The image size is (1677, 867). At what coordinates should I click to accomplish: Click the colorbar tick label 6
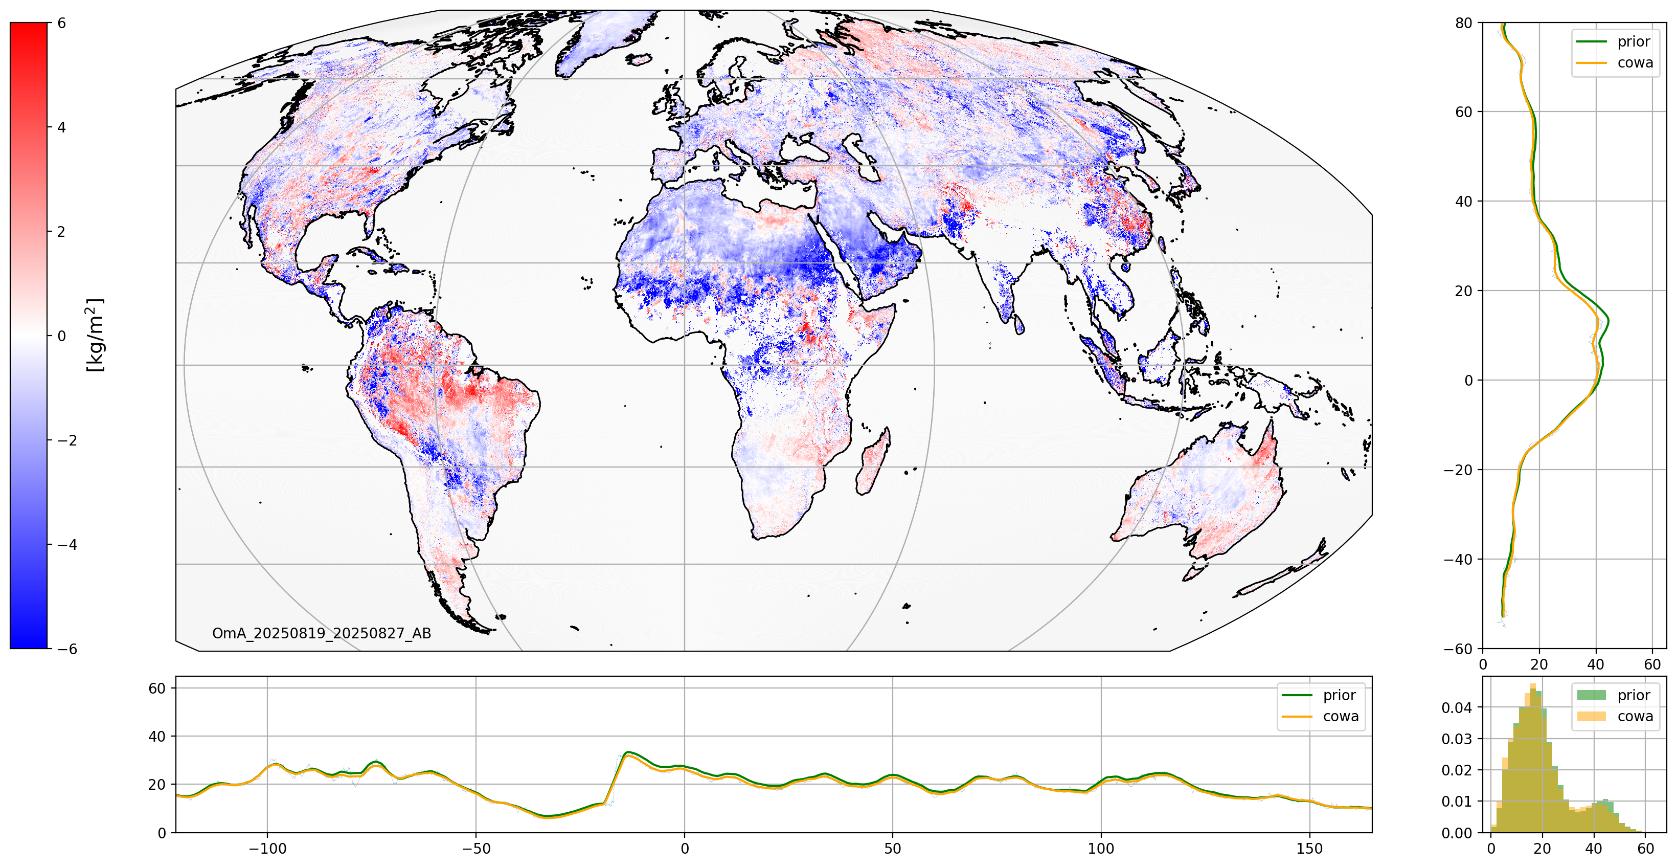pos(61,24)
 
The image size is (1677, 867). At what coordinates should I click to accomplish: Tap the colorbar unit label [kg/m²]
pos(95,335)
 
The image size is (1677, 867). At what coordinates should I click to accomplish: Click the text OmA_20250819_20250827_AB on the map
pos(322,633)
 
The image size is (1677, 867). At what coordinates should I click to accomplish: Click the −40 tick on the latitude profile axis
pos(1458,560)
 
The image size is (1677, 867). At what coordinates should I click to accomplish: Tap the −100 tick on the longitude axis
pos(267,849)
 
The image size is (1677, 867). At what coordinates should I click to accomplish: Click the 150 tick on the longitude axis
pos(1309,849)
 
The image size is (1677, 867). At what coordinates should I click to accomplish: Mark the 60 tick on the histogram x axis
pos(1645,849)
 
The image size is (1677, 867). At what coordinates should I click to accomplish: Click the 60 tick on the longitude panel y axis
pos(157,688)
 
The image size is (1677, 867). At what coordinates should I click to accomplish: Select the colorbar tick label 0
pos(61,336)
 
